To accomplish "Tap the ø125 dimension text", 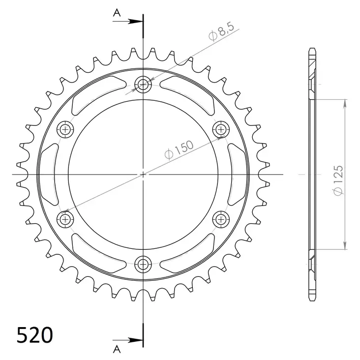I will pos(338,181).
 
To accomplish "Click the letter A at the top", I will pos(117,13).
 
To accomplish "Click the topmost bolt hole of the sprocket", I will pos(143,85).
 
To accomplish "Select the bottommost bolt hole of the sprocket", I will pos(143,264).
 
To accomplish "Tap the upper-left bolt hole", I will pos(65,129).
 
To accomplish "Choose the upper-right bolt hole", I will pos(220,129).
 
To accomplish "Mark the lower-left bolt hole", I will pos(65,219).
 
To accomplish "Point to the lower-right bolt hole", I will pos(220,219).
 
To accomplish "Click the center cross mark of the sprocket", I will pos(143,174).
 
